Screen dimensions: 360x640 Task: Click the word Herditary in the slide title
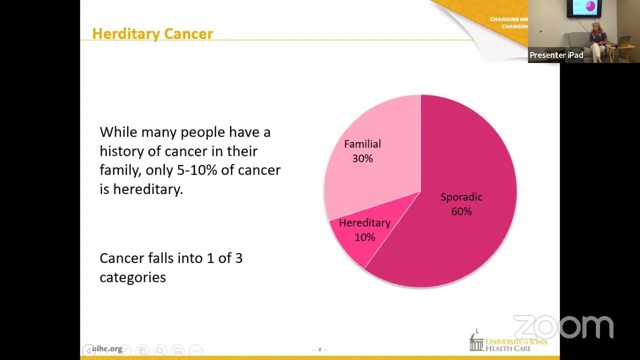(x=125, y=34)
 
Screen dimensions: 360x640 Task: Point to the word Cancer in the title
(x=188, y=34)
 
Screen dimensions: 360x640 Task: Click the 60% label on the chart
(x=461, y=211)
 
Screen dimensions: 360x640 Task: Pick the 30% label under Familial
(x=362, y=158)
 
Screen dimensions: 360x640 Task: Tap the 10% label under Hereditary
(x=364, y=237)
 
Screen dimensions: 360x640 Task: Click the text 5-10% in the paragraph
(x=197, y=170)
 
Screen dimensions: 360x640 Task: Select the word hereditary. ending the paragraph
(x=148, y=189)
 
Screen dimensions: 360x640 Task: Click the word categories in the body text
(x=132, y=277)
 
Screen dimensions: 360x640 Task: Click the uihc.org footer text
(x=107, y=349)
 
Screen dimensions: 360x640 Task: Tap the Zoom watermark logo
(x=563, y=327)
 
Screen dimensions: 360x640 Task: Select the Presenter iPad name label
(x=556, y=55)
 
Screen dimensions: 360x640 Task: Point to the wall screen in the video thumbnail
(x=584, y=7)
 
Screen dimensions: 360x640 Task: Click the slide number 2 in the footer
(x=319, y=349)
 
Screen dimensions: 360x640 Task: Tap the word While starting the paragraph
(x=118, y=132)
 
